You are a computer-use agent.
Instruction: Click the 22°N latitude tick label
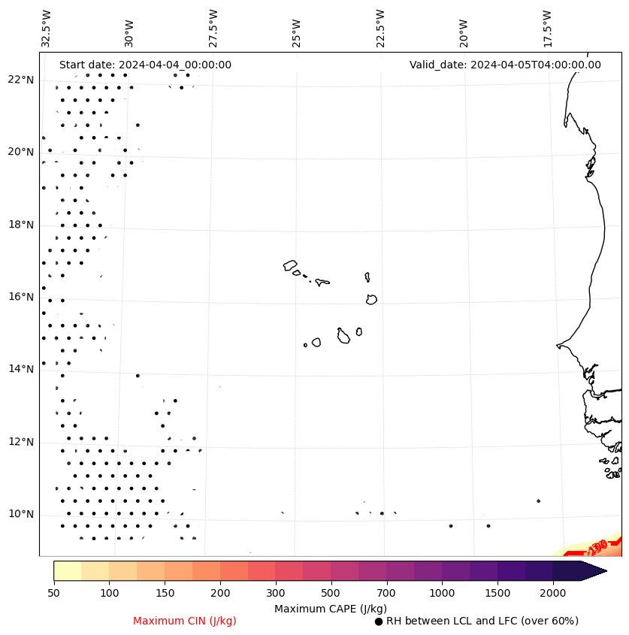click(x=21, y=80)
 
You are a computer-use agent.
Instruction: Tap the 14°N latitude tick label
click(x=21, y=369)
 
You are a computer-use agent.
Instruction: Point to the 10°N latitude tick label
click(x=21, y=515)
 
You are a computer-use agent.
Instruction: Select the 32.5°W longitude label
click(x=47, y=29)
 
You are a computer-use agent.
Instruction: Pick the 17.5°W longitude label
click(x=547, y=29)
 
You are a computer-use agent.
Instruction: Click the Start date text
click(x=145, y=65)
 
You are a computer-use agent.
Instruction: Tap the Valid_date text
click(x=505, y=65)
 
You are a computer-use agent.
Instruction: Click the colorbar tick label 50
click(x=53, y=594)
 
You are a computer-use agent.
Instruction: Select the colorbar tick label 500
click(x=331, y=594)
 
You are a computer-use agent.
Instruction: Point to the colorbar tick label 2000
click(x=553, y=594)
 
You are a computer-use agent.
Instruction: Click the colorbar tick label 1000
click(x=442, y=594)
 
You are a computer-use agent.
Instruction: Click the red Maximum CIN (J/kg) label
click(x=185, y=621)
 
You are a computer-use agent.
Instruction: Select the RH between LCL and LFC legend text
click(x=482, y=621)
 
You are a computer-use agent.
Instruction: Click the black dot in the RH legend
click(x=379, y=621)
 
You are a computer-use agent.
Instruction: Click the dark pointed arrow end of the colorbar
click(x=593, y=570)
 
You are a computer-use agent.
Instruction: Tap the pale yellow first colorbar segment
click(x=67, y=570)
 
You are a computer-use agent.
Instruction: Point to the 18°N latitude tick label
click(x=21, y=225)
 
